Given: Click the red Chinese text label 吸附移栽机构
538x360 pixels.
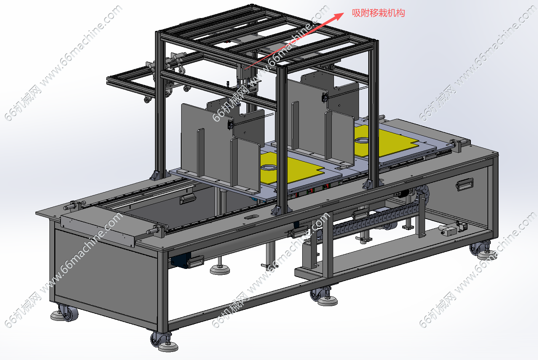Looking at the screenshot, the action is pos(378,13).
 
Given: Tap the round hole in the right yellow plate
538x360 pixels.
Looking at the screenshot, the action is pos(362,140).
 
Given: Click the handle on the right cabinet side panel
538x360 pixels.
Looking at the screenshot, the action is pos(465,184).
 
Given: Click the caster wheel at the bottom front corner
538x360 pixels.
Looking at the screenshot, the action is pos(159,339).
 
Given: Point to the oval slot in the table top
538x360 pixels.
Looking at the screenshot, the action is pos(251,217).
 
